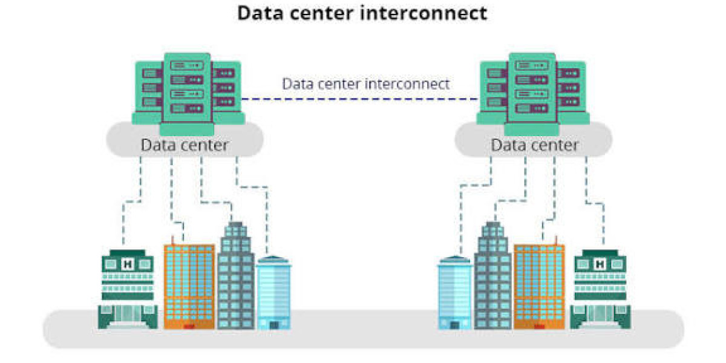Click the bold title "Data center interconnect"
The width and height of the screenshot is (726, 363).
point(362,13)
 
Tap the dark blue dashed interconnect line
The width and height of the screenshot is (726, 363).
point(360,99)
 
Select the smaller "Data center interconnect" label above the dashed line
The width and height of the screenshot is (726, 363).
point(365,84)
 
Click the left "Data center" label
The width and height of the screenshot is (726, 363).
point(185,145)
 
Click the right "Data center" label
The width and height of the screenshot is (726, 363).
point(535,145)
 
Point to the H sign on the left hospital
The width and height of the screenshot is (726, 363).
point(128,264)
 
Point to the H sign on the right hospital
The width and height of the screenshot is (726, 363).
point(600,264)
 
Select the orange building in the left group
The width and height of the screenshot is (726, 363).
point(189,287)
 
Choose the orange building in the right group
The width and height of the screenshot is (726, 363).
point(539,287)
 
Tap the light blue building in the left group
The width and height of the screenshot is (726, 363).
point(274,293)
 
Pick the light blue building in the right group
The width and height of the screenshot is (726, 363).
point(455,293)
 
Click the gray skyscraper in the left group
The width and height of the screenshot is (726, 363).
point(235,275)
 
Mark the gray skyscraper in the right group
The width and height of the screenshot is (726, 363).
point(492,275)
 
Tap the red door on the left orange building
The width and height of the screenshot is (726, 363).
point(189,326)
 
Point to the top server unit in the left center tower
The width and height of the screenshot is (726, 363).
point(187,65)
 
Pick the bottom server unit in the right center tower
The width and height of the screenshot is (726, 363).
point(532,108)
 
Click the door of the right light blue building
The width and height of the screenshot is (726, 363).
point(455,325)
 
